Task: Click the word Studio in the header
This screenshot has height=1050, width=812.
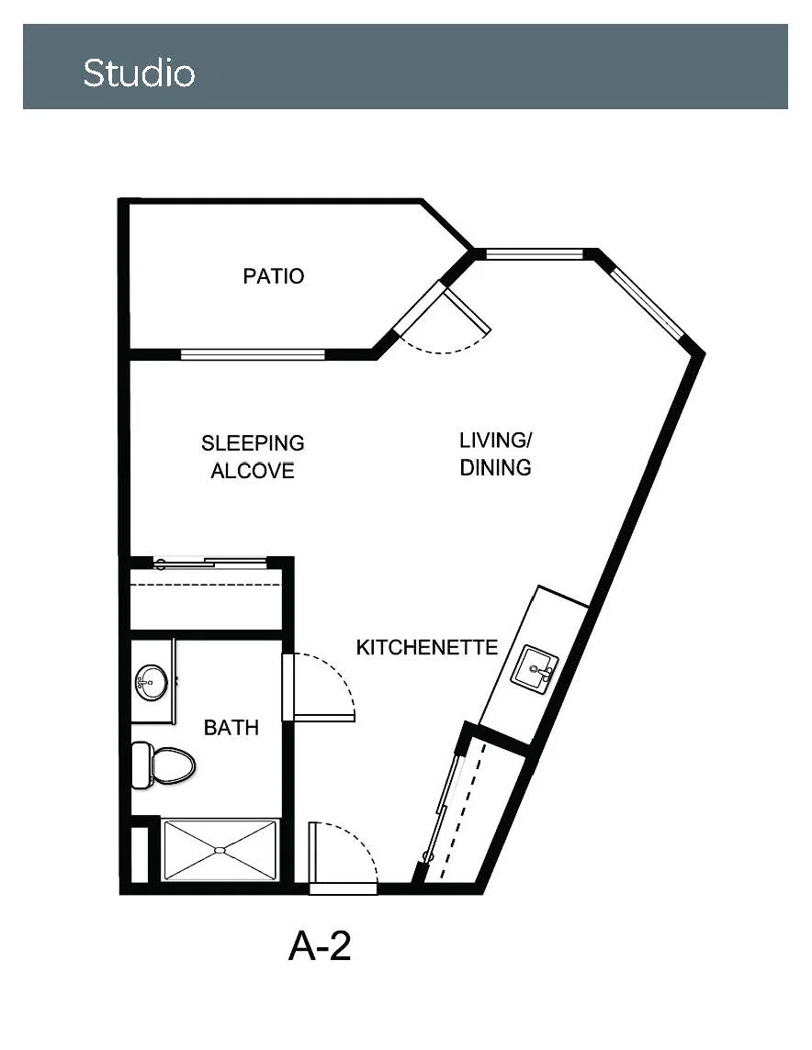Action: coord(139,73)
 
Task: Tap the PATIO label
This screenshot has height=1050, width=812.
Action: coord(274,276)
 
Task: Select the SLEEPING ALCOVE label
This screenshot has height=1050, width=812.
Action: coord(253,457)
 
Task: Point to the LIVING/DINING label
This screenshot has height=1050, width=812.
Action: coord(495,454)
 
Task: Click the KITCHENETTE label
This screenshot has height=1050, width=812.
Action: coord(427,648)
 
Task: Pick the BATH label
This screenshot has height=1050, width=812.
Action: coord(231,727)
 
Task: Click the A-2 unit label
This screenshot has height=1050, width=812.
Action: coord(320,946)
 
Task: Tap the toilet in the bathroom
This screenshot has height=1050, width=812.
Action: coord(163,765)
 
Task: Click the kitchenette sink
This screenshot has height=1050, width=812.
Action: coord(535,667)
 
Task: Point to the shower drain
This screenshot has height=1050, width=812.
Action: coord(220,851)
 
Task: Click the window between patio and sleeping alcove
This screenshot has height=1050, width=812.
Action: coord(253,354)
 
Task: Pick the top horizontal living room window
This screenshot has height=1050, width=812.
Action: coord(534,254)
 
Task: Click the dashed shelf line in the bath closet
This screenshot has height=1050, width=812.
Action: coord(206,585)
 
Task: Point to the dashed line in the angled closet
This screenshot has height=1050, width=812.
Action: coord(463,809)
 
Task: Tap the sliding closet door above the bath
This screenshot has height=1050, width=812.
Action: coord(210,564)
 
